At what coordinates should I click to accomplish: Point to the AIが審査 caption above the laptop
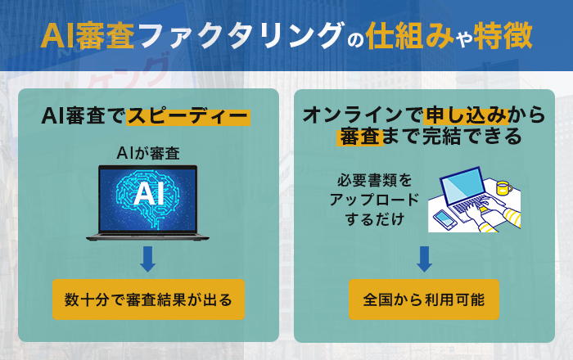click(148, 152)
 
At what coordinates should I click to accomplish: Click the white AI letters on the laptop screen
click(148, 194)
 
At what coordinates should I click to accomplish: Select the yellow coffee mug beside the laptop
click(503, 187)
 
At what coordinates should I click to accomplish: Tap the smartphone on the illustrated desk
click(444, 219)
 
